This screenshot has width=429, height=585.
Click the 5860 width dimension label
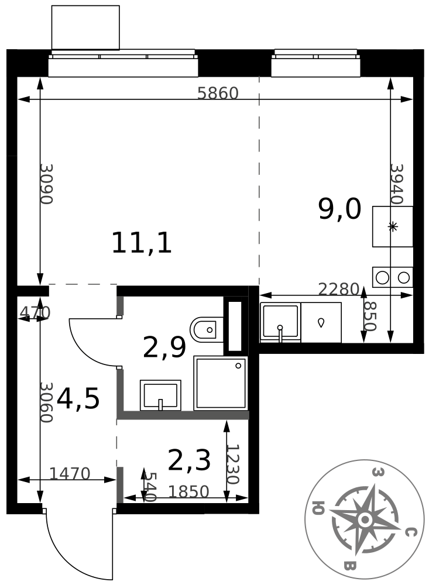[x=218, y=93]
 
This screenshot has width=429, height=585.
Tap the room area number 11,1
[x=142, y=243]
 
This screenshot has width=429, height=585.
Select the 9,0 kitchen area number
[x=339, y=209]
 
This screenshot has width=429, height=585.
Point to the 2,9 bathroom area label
[x=164, y=347]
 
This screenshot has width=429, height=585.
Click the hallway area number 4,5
[x=78, y=398]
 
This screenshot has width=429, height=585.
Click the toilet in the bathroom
[x=207, y=330]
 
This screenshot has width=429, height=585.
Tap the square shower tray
[x=221, y=383]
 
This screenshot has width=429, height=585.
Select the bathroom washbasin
[x=160, y=395]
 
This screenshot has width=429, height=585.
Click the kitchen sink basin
[x=280, y=322]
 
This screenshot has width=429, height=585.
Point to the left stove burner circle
[x=382, y=277]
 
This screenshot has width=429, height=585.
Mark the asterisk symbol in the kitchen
[x=392, y=226]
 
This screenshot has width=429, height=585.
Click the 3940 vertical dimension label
[x=396, y=184]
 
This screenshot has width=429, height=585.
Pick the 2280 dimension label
[x=338, y=289]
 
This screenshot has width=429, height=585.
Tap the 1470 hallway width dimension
[x=70, y=474]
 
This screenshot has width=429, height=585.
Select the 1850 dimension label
[x=188, y=492]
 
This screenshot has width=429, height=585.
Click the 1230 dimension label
[x=232, y=464]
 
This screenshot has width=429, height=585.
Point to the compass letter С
[x=410, y=532]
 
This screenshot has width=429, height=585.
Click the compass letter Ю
[x=318, y=508]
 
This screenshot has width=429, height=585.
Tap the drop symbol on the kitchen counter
[x=321, y=323]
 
